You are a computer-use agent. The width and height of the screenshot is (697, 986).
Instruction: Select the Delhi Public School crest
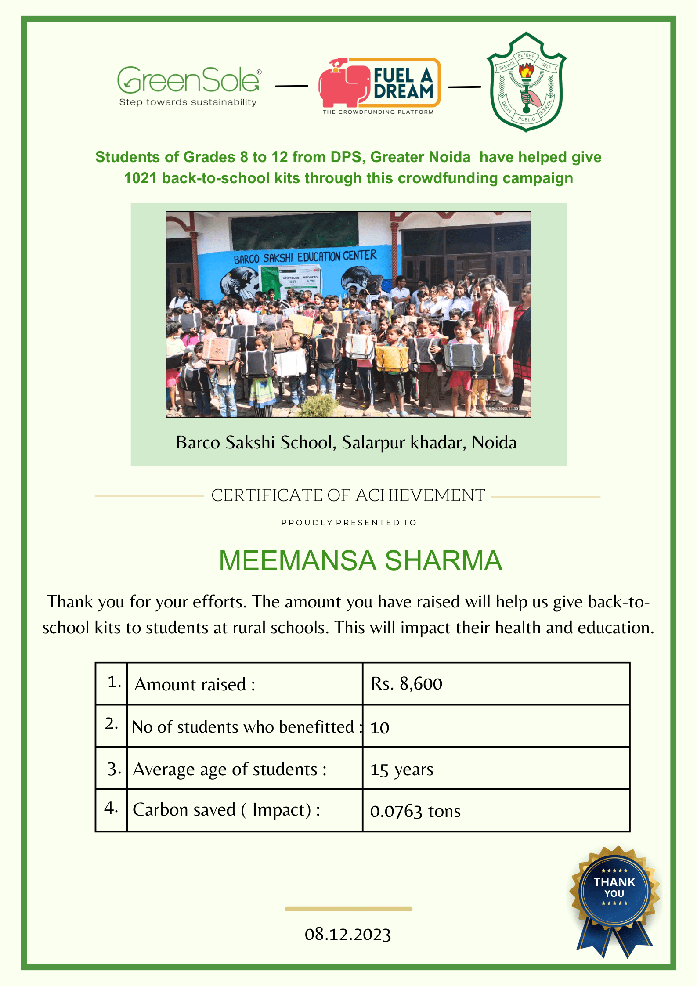526,83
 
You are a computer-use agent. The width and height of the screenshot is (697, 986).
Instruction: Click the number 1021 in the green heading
140,178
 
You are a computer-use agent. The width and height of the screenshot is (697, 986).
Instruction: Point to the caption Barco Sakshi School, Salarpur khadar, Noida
346,442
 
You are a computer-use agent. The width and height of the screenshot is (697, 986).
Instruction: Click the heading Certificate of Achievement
348,495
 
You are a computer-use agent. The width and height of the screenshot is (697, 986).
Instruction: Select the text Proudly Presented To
349,523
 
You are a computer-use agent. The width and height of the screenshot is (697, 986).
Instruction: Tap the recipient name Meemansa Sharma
360,560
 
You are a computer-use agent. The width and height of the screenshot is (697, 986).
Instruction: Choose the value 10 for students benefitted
380,728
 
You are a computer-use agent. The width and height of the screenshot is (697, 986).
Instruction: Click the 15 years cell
401,769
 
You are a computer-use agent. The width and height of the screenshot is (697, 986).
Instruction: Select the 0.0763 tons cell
415,811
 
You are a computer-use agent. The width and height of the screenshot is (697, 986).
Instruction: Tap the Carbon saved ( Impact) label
226,810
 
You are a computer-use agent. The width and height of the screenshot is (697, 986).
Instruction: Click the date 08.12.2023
348,934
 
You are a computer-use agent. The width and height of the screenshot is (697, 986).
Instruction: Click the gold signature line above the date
348,909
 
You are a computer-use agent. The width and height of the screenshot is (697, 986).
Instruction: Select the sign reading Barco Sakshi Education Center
305,257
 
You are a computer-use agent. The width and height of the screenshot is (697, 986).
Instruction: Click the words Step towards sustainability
188,102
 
